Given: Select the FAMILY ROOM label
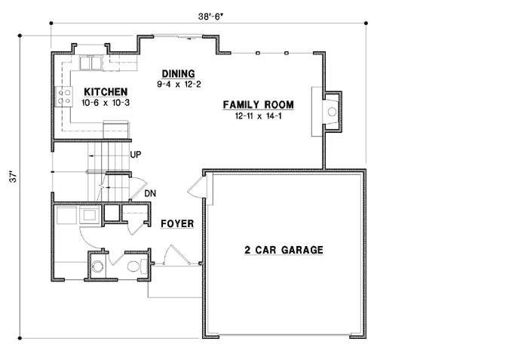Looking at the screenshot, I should click(257, 105).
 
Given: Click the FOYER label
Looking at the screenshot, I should click(177, 224).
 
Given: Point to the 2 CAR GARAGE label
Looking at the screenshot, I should click(284, 250).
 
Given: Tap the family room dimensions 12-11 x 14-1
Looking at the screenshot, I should click(257, 116).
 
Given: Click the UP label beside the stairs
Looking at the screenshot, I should click(136, 154).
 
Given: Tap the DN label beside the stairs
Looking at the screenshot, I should click(150, 193).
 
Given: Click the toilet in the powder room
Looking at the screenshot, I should click(135, 266).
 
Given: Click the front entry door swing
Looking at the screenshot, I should click(170, 255).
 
